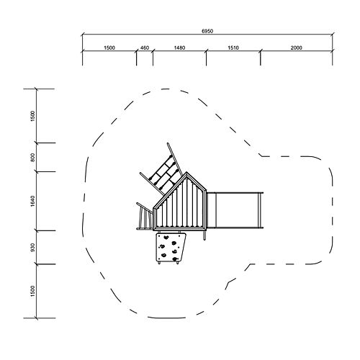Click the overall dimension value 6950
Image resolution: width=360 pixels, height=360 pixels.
coord(207,31)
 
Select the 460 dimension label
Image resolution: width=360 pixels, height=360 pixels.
coord(145,48)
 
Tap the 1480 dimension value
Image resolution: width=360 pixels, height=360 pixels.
coord(179,48)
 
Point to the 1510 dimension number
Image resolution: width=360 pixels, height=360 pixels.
coord(233,48)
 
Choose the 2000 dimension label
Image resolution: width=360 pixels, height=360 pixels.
coord(297,48)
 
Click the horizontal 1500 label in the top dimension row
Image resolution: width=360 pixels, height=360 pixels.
coord(109,48)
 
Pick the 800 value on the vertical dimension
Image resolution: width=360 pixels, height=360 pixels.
coord(33,158)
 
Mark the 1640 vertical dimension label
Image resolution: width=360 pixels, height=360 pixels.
coord(33,201)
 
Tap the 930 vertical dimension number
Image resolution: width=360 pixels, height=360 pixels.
coord(33,248)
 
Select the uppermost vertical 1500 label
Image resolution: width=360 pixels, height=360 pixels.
coord(33,116)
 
